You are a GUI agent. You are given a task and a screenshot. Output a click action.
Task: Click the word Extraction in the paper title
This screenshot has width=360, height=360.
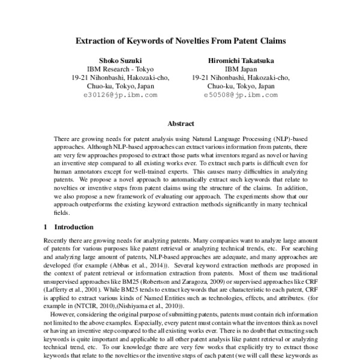point(96,42)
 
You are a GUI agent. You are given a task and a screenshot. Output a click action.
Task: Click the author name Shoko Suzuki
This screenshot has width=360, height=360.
point(120,60)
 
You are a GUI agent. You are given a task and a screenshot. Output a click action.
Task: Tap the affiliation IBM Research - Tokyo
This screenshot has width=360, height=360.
point(120,69)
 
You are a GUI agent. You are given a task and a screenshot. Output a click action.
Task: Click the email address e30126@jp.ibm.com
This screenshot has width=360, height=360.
point(120,95)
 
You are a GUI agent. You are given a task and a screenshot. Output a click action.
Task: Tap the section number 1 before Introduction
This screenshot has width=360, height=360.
point(46,227)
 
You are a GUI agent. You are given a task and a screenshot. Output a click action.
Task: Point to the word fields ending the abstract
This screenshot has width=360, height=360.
point(61,212)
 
